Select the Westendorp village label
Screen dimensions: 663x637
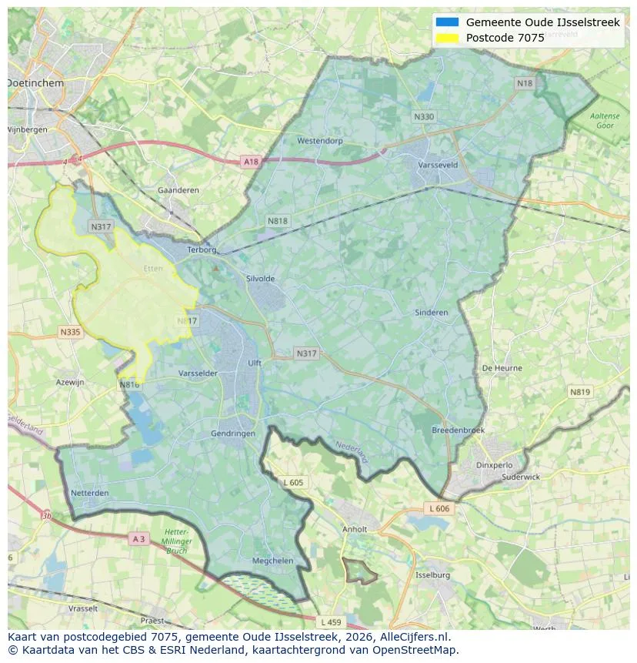(319, 141)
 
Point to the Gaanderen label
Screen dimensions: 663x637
(178, 190)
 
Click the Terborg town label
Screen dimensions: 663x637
(203, 249)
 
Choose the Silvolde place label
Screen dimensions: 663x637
(260, 279)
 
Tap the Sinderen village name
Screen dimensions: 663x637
(431, 313)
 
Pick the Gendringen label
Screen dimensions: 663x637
(233, 434)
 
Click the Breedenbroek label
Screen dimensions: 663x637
(458, 430)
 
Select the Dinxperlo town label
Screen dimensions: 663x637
(495, 464)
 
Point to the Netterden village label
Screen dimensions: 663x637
(89, 492)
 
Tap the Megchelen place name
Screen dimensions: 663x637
(273, 561)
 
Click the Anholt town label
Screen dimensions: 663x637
(355, 529)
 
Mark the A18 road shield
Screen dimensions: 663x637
(251, 162)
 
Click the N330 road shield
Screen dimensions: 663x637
(423, 117)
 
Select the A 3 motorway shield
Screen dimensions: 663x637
(138, 539)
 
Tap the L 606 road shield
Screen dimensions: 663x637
(439, 508)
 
